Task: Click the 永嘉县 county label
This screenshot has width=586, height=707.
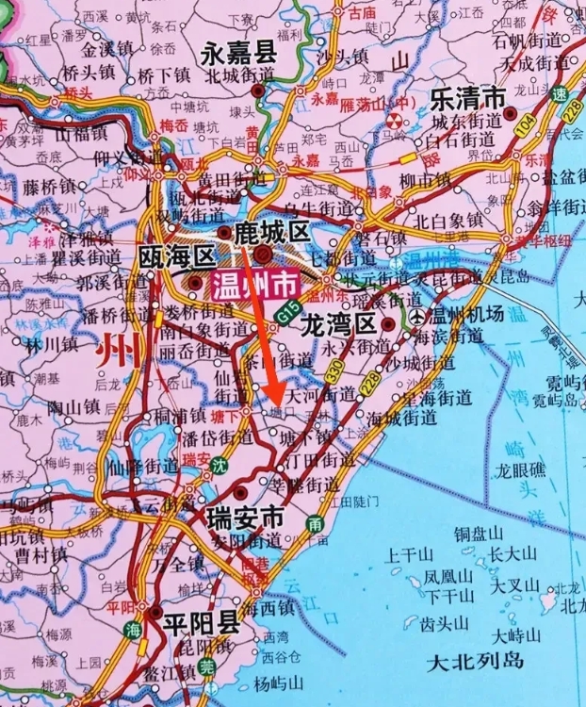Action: click(238, 54)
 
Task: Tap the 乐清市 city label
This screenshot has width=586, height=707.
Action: click(468, 97)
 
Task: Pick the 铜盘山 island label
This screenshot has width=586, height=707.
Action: click(480, 533)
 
